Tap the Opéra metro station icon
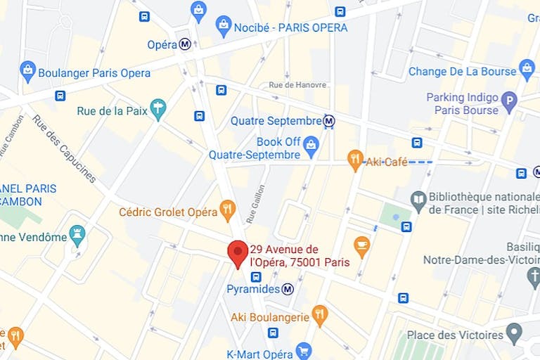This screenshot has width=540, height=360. click(x=186, y=44)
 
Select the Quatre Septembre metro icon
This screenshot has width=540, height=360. click(x=328, y=121)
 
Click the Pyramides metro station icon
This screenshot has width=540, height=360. click(x=288, y=289)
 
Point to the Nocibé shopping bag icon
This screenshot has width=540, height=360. click(x=224, y=27)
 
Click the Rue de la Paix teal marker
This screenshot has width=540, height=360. click(x=158, y=110)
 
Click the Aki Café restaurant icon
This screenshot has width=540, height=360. click(x=356, y=161)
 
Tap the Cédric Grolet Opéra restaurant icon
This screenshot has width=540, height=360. click(x=227, y=210)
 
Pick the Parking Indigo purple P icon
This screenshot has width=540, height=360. click(x=508, y=104)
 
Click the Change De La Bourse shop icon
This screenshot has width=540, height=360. click(x=527, y=70)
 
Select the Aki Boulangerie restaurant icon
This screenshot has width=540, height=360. click(x=320, y=316)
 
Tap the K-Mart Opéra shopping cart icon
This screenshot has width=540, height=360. click(x=304, y=350)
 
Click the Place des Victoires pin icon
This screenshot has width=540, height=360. click(x=515, y=333)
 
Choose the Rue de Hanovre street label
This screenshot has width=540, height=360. click(x=298, y=85)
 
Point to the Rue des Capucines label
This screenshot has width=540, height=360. click(x=64, y=148)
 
